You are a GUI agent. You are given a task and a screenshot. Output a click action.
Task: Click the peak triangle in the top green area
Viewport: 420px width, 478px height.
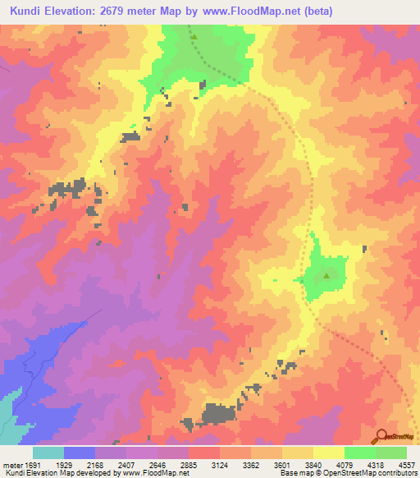click(x=194, y=37)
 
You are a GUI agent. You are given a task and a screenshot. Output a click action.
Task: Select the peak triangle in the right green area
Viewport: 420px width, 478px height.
click(x=326, y=276)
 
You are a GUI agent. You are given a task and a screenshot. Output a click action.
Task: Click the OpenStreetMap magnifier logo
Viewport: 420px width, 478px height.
click(x=381, y=435)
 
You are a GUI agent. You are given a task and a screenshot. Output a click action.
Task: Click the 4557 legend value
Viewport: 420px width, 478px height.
click(x=407, y=464)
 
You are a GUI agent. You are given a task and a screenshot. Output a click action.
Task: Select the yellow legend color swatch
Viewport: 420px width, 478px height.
click(x=328, y=453)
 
